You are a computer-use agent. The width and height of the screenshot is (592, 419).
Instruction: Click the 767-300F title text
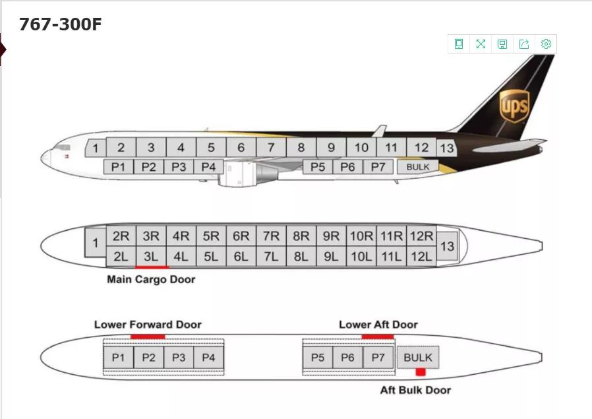coord(61,24)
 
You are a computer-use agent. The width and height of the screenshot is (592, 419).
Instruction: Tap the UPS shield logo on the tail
coord(514,106)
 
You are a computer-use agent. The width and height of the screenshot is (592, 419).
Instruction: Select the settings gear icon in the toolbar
coord(546,44)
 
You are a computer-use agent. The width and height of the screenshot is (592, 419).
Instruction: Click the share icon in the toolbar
coord(524,44)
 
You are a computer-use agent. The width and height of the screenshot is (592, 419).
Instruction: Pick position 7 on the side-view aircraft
coord(271,148)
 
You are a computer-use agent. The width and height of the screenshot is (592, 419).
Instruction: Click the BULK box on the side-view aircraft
coord(417,167)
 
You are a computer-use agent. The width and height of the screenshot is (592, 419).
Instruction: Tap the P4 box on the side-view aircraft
coord(208,167)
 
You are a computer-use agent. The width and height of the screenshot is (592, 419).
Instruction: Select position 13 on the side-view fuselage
coord(447,148)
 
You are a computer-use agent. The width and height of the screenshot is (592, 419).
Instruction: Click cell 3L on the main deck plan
coord(151,257)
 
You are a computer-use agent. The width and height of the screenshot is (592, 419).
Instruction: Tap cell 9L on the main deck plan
coord(331,257)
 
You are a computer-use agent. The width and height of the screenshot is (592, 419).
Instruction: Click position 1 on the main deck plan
coord(95,243)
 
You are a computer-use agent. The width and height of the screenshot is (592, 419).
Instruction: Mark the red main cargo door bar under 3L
coord(152,267)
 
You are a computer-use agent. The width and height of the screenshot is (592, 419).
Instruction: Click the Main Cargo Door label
coord(151,280)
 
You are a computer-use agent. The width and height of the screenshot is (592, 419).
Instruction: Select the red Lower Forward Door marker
coord(147,337)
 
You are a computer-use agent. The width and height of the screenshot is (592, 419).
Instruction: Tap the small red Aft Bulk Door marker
coord(421,373)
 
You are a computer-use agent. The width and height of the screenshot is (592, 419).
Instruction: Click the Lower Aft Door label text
coord(378,325)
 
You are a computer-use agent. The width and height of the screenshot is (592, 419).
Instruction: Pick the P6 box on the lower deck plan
coord(347,358)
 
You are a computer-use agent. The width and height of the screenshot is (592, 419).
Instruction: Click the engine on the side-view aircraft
coord(241,174)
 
